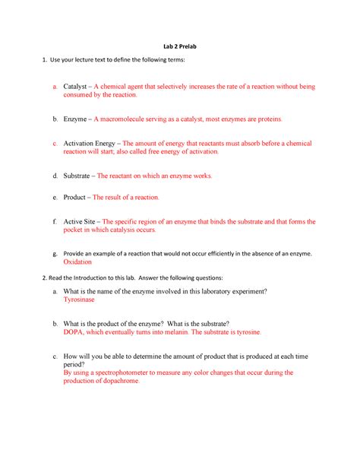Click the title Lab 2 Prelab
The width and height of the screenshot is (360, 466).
[x=179, y=48]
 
